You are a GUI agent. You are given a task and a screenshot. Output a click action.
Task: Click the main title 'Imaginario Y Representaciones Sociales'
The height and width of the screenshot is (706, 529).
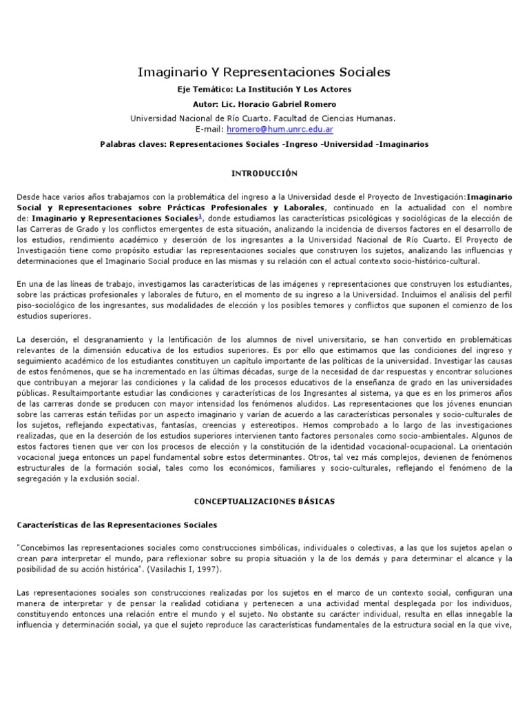point(264,72)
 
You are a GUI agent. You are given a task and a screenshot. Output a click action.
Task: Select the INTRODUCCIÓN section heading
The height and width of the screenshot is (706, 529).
point(264,173)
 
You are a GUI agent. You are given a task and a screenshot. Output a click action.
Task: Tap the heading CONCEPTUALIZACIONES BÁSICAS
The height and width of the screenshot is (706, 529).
point(264,501)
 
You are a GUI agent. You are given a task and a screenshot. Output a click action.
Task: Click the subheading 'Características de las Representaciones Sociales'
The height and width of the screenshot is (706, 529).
point(116,525)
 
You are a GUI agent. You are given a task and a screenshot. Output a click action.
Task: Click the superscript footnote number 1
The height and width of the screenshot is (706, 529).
point(200,215)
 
